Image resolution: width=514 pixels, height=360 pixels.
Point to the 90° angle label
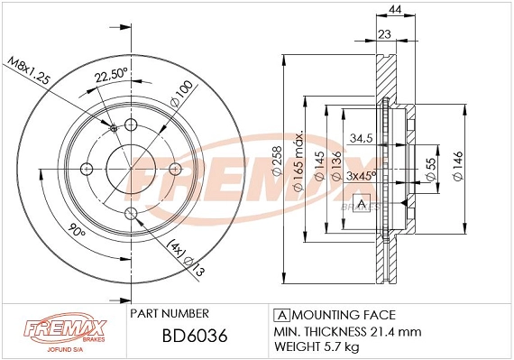coord(77,232)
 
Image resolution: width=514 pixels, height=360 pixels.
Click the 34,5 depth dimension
coord(362,137)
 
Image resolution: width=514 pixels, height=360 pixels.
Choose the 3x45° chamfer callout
coord(361,175)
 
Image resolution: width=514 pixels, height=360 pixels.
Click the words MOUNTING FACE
coord(342,315)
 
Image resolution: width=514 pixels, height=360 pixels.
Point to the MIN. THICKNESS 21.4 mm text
coord(346,330)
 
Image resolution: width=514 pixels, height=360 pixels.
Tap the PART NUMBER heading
coord(170,313)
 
